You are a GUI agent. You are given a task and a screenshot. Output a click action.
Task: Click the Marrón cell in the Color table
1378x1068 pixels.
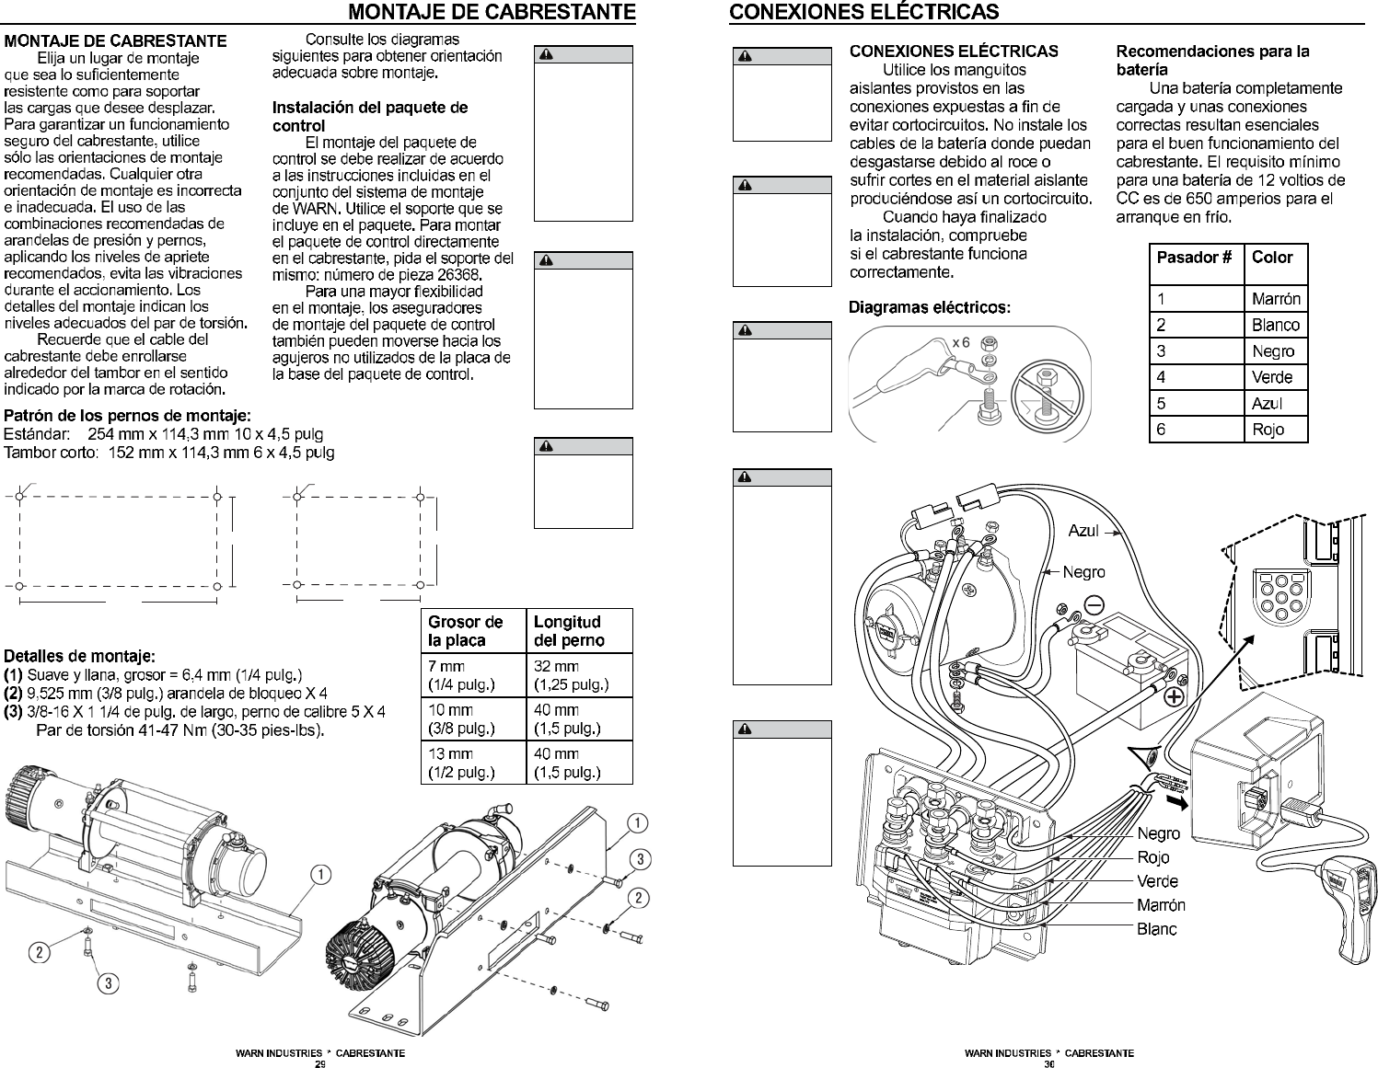point(1275,298)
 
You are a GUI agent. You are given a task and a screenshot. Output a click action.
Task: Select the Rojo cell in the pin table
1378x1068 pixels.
point(1275,430)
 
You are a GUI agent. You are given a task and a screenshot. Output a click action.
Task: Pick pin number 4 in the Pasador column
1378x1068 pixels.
point(1197,377)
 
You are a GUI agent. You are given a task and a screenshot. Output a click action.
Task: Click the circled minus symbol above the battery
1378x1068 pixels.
point(1094,605)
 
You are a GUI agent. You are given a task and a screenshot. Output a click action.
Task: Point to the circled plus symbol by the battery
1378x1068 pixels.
point(1175,696)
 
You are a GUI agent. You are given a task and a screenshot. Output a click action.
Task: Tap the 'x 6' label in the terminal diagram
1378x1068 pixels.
point(961,343)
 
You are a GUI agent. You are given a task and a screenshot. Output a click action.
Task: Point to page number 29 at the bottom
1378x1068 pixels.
point(320,1063)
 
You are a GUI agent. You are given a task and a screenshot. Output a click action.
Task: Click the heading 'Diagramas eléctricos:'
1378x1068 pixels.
point(929,308)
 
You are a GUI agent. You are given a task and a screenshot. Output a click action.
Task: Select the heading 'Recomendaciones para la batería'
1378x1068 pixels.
point(1212,60)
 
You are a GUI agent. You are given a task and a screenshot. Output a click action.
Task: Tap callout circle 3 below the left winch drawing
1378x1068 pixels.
point(108,983)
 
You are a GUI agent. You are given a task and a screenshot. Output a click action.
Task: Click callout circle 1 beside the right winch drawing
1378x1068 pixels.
point(637,823)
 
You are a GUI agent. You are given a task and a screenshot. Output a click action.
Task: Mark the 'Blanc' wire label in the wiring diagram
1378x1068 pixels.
point(1157,929)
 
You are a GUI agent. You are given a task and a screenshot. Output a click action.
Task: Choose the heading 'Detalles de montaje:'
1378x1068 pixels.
point(79,656)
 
